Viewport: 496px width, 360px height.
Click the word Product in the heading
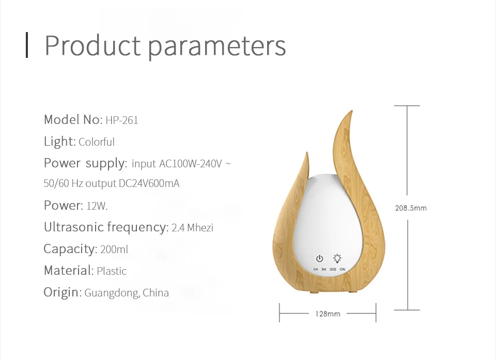pyautogui.click(x=92, y=45)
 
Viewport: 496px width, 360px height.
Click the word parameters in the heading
pyautogui.click(x=216, y=48)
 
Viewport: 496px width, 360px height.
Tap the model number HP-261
pyautogui.click(x=122, y=120)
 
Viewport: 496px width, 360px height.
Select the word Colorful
pyautogui.click(x=97, y=142)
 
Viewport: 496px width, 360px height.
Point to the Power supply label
pyautogui.click(x=85, y=164)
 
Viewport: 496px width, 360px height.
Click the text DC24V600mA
pyautogui.click(x=149, y=183)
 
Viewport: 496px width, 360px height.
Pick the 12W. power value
pyautogui.click(x=97, y=206)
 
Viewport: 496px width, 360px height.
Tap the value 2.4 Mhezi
pyautogui.click(x=192, y=228)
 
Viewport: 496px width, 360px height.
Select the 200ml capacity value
pyautogui.click(x=114, y=249)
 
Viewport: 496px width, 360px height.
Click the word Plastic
pyautogui.click(x=112, y=271)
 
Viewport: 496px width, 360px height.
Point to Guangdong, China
pyautogui.click(x=127, y=293)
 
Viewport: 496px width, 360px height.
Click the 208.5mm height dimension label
pyautogui.click(x=411, y=208)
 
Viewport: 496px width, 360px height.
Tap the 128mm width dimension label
pyautogui.click(x=328, y=314)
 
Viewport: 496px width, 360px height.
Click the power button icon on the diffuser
pyautogui.click(x=319, y=259)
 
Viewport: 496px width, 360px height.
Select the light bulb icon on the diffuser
pyautogui.click(x=337, y=258)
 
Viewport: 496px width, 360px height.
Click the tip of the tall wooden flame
pyautogui.click(x=352, y=111)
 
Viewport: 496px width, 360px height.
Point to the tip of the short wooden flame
pyautogui.click(x=307, y=152)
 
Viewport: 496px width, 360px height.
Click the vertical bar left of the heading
pyautogui.click(x=27, y=45)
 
